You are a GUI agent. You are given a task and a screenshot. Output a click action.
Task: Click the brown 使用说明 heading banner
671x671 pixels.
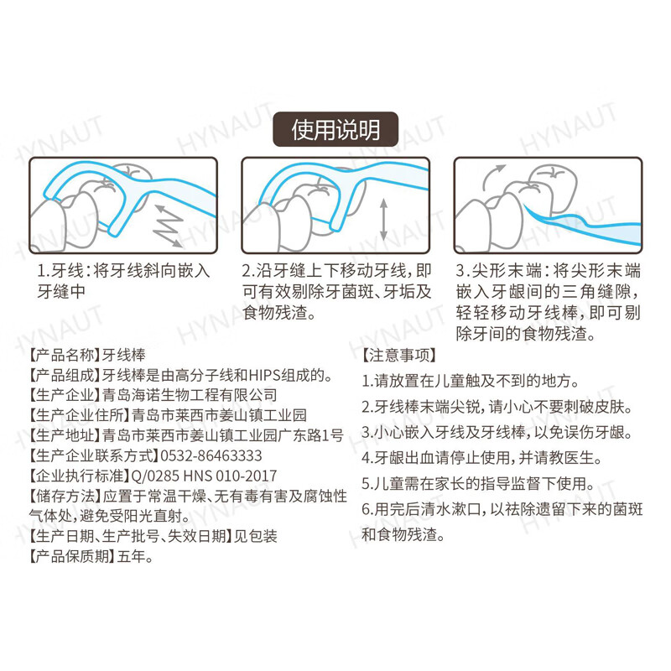coord(335,130)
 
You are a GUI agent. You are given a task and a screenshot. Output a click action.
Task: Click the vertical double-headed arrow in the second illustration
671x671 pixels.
coord(383,220)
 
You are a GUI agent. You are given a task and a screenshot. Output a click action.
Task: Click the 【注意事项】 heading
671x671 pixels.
coord(398,355)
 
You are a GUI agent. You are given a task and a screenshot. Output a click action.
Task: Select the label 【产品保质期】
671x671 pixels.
coord(72,556)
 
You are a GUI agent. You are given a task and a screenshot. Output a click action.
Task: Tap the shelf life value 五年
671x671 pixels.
coord(134,556)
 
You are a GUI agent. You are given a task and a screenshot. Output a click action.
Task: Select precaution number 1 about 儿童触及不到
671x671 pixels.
coord(470,381)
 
